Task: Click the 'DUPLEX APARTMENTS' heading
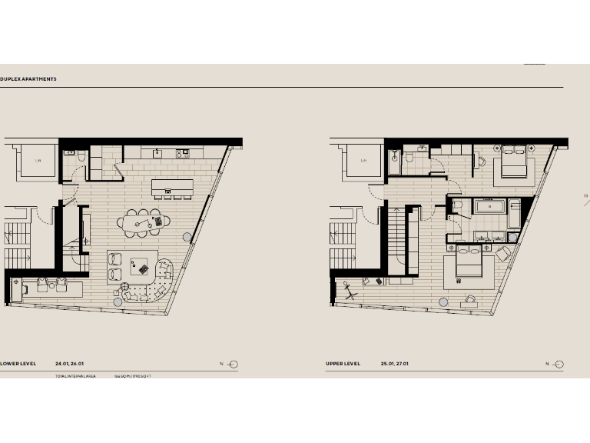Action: click(28, 79)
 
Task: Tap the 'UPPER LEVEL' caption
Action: click(343, 363)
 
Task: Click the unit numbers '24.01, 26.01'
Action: click(68, 363)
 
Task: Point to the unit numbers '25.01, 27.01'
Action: click(394, 363)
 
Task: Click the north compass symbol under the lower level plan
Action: click(234, 364)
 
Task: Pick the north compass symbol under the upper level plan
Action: click(559, 364)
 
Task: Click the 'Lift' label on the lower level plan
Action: click(38, 161)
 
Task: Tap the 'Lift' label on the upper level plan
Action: click(363, 161)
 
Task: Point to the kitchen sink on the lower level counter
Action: click(157, 152)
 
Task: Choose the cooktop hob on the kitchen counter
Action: click(183, 152)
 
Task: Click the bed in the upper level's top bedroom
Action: click(512, 163)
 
